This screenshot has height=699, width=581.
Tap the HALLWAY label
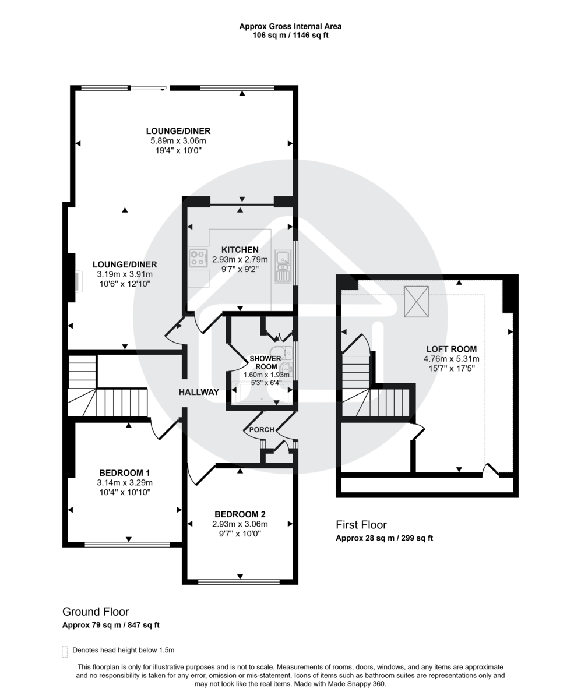tap(199, 392)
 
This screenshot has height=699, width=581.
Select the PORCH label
tap(262, 430)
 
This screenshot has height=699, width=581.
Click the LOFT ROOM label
tap(452, 349)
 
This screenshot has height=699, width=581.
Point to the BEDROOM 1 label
tap(124, 472)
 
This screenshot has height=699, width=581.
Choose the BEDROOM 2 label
tap(240, 514)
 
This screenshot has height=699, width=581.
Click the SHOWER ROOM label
tap(265, 362)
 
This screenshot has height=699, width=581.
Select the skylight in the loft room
tap(416, 302)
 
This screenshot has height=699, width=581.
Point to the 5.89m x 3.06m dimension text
tap(178, 140)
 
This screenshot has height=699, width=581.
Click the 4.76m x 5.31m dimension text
tap(452, 359)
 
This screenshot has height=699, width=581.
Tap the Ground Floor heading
tap(96, 612)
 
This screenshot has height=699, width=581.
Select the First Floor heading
tap(361, 525)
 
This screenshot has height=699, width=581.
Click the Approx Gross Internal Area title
tap(290, 26)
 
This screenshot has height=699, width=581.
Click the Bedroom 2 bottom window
tap(240, 581)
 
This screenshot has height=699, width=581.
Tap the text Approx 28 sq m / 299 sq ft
tap(384, 538)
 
